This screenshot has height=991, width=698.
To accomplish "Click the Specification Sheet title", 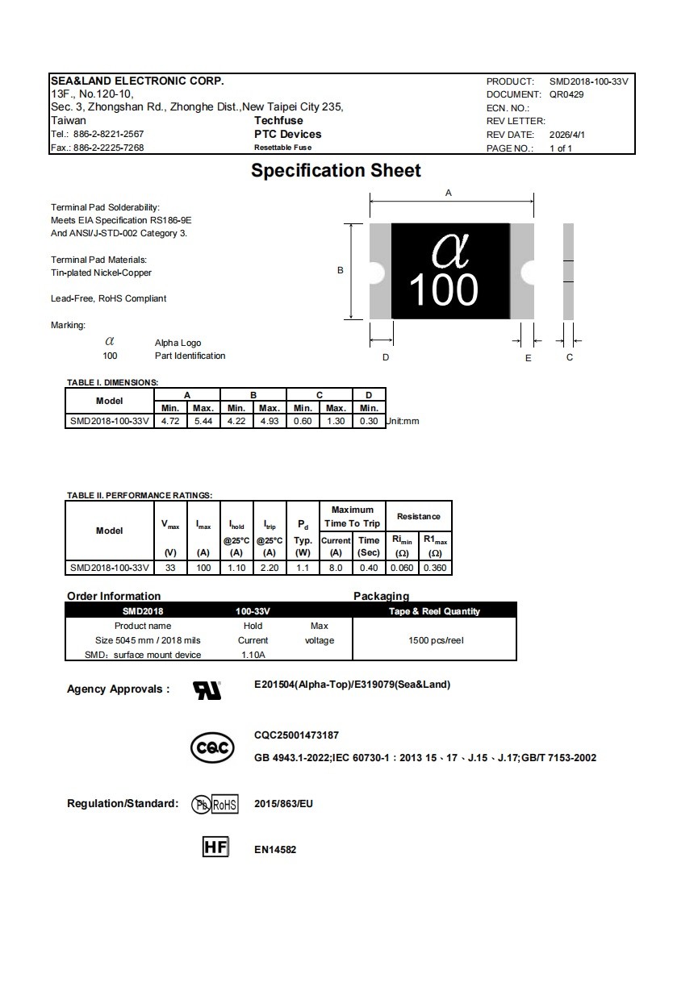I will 336,171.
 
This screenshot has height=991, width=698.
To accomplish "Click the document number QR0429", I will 566,94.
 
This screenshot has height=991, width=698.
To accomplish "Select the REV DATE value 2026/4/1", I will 567,135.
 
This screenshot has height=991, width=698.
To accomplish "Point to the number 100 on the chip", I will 443,290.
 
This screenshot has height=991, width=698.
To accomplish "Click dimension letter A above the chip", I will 449,193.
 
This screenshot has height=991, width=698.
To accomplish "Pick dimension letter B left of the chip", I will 341,270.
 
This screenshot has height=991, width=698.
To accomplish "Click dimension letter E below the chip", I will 529,357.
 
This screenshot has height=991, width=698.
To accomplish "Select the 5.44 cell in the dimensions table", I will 203,421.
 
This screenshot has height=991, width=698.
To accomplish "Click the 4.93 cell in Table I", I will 270,421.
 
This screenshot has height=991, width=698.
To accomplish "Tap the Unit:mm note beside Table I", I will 403,421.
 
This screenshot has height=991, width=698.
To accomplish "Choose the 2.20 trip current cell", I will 270,568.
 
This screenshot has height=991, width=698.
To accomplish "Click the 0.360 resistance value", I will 435,568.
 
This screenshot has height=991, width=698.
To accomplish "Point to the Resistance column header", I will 418,516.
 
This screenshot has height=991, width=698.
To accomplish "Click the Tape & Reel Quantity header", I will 434,611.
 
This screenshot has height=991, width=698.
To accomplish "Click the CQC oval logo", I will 212,747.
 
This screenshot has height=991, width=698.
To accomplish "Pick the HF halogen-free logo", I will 215,847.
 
